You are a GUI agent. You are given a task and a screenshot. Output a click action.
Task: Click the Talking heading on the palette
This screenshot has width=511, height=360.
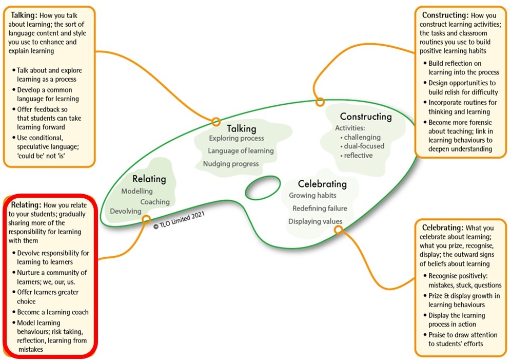241,128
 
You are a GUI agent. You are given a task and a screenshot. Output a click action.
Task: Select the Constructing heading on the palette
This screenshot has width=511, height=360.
365,117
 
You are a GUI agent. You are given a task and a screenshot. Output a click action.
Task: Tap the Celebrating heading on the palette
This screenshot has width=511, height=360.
322,184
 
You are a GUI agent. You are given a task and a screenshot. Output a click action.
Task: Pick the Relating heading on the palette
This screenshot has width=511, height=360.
149,179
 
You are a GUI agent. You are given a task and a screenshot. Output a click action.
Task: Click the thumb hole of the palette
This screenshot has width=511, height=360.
263,188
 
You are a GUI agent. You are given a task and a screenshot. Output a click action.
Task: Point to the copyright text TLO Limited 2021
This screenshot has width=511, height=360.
179,223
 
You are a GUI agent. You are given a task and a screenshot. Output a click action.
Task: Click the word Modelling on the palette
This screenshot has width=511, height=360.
137,192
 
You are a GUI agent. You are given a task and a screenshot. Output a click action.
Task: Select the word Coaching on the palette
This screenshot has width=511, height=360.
155,202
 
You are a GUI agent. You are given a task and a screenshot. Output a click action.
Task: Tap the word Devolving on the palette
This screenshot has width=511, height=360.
126,212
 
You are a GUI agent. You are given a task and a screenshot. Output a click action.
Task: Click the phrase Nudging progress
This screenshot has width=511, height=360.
230,164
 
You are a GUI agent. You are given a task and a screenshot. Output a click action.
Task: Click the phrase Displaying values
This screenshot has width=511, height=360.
315,221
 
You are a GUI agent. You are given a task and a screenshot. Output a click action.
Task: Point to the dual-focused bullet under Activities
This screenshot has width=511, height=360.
364,146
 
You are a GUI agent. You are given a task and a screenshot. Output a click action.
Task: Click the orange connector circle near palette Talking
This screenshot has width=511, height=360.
216,122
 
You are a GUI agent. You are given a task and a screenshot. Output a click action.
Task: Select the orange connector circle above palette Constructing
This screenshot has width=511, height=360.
320,102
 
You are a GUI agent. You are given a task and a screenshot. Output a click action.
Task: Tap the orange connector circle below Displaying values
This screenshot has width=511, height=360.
338,230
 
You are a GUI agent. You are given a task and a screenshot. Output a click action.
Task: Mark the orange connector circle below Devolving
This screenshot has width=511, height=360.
146,219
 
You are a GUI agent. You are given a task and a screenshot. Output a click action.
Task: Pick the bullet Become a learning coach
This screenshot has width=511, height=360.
53,312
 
